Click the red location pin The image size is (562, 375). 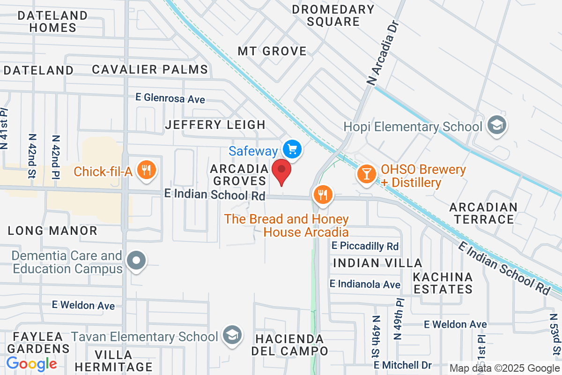tap(282, 171)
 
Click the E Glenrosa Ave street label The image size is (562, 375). tap(170, 98)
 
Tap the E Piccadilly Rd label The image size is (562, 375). tap(365, 246)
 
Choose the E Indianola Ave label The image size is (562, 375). tap(365, 284)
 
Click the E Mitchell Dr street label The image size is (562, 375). tap(402, 364)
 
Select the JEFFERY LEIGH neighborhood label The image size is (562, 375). tap(215, 125)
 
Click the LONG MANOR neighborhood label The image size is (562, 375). tap(53, 231)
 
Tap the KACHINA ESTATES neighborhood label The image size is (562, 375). tap(443, 283)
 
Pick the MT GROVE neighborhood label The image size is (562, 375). tap(272, 51)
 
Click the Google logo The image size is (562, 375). tap(31, 363)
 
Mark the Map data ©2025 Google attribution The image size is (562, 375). tap(504, 368)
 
